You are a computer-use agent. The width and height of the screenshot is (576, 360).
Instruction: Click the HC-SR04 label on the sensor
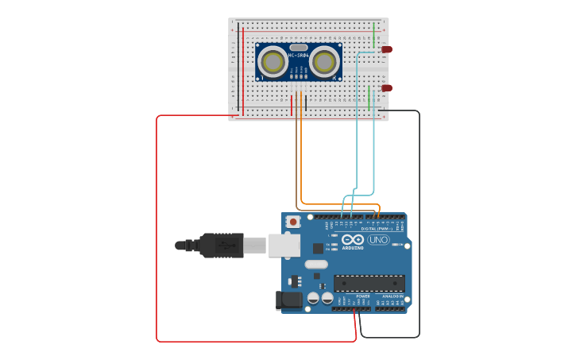[x=299, y=55]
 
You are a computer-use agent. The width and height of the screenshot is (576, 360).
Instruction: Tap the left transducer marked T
[x=273, y=62]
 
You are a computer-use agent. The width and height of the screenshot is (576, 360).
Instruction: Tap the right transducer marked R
[x=324, y=62]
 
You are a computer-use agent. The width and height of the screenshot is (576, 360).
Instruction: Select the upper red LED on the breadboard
[x=386, y=49]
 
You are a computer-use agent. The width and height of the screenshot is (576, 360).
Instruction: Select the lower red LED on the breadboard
[x=386, y=88]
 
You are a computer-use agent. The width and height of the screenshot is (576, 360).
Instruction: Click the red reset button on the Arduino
[x=293, y=222]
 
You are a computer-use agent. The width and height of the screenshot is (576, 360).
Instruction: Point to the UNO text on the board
[x=378, y=240]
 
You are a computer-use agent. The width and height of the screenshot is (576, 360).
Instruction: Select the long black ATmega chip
[x=369, y=283]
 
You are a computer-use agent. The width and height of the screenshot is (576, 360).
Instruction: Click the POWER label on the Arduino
[x=362, y=296]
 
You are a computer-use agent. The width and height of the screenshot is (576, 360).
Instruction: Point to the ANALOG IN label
[x=391, y=296]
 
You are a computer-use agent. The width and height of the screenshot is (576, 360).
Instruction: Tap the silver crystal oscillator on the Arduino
[x=316, y=264]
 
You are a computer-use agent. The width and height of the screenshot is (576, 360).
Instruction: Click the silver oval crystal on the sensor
[x=299, y=47]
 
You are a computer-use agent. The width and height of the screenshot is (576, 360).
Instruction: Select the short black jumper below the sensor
[x=306, y=102]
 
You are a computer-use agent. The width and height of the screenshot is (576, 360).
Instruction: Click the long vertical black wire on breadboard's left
[x=238, y=67]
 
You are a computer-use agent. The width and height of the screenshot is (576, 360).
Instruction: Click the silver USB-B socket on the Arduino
[x=284, y=246]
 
